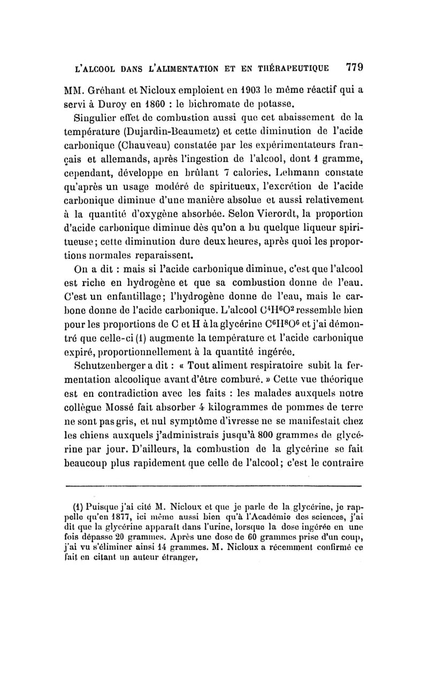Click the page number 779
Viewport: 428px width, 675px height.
click(355, 67)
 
